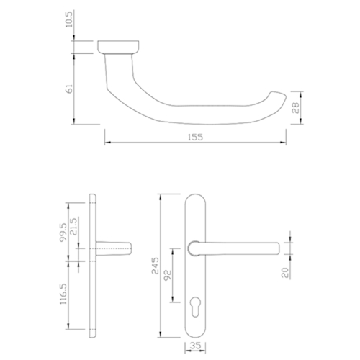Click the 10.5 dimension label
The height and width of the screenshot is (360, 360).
(x=69, y=19)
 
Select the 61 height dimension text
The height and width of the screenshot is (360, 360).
(x=69, y=89)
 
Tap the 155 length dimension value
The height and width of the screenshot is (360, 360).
(x=195, y=138)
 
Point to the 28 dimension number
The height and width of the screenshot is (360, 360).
(x=296, y=108)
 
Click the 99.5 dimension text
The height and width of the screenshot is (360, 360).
(x=63, y=233)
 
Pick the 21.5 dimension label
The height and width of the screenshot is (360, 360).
(x=73, y=226)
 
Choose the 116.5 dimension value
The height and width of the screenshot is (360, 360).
(x=63, y=294)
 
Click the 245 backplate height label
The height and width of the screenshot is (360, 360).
(x=156, y=266)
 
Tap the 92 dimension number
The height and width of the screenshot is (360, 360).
(x=167, y=275)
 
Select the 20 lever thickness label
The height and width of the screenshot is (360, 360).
(x=285, y=273)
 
